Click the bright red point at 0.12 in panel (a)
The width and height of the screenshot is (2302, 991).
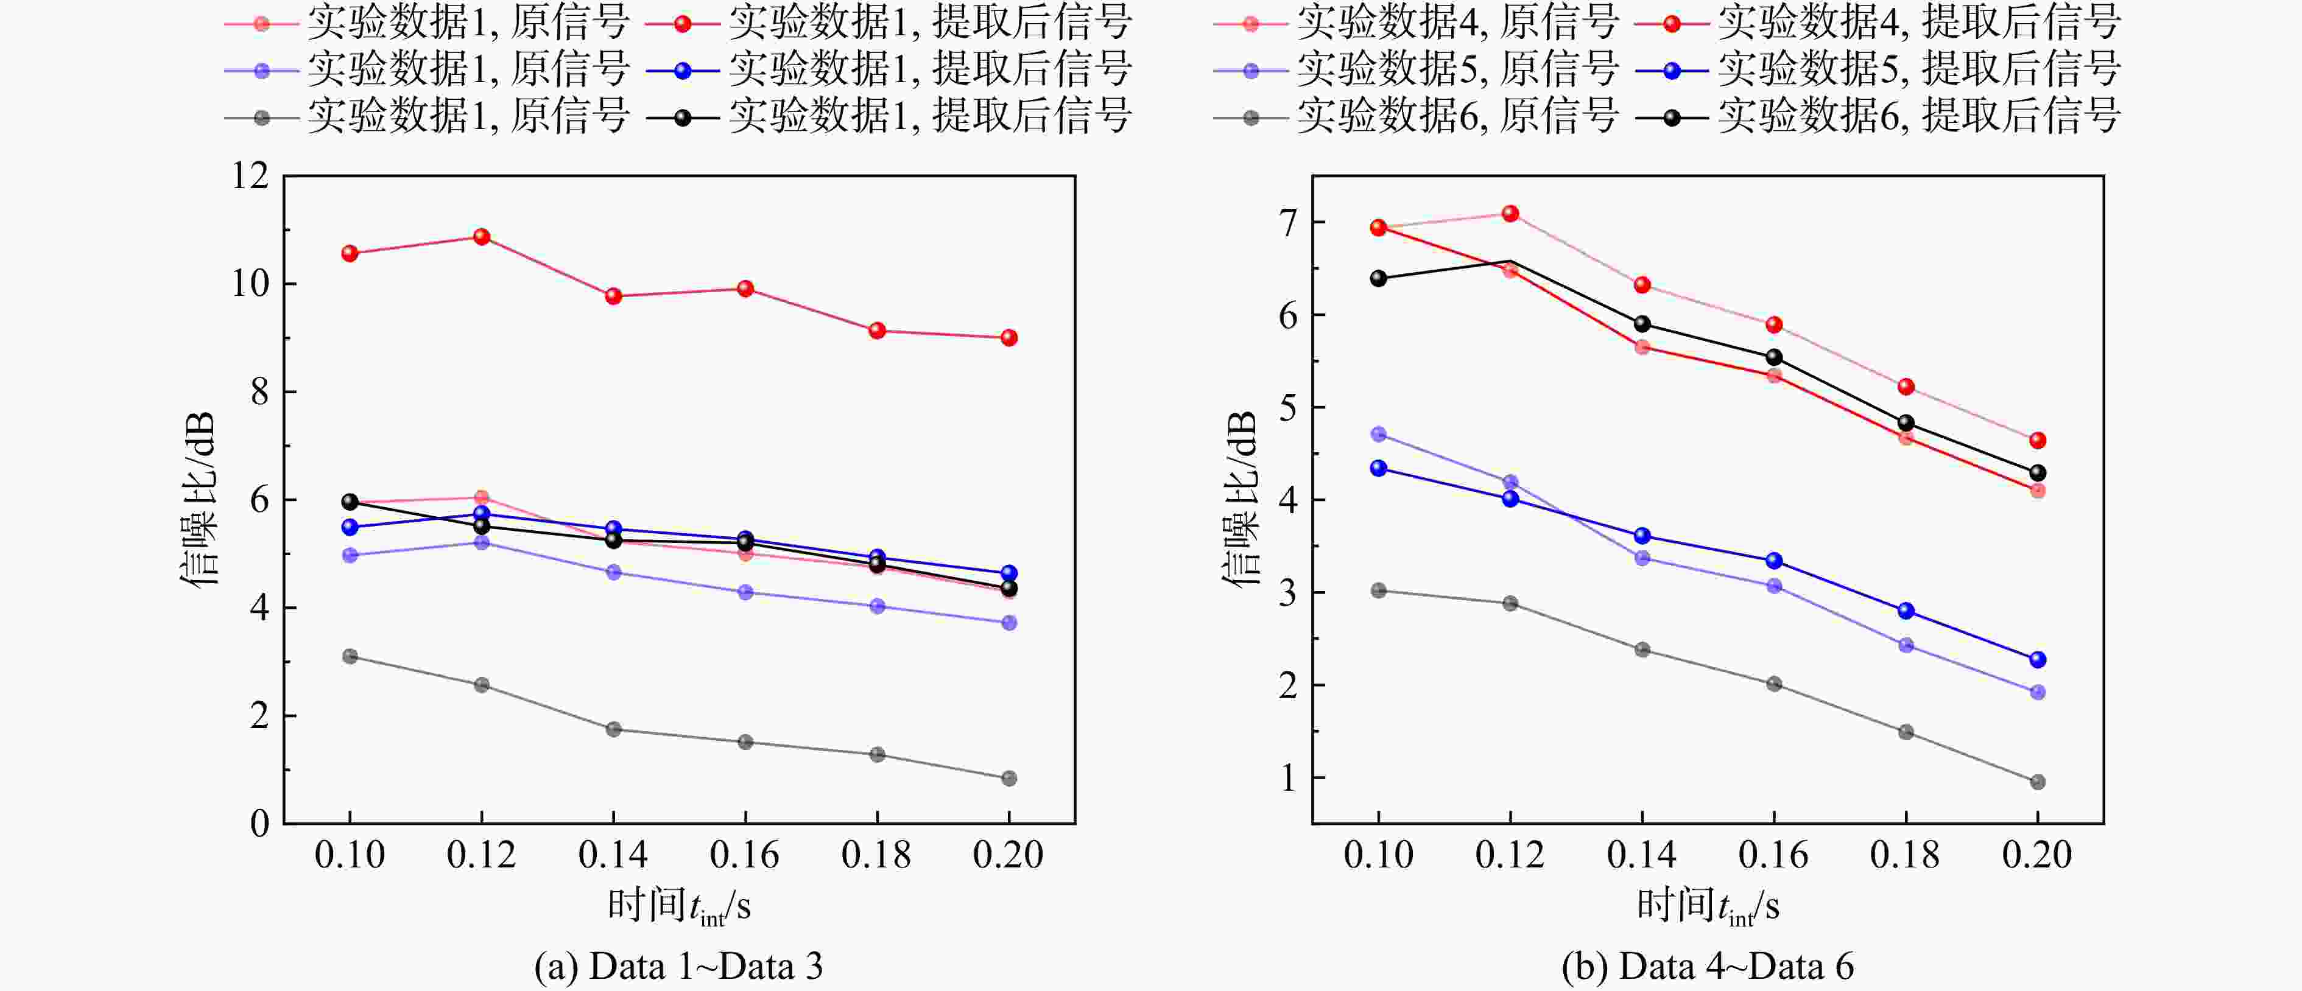pyautogui.click(x=482, y=237)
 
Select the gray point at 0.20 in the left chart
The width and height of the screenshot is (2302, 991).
pyautogui.click(x=1009, y=779)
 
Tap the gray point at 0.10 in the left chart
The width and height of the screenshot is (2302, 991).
pyautogui.click(x=350, y=657)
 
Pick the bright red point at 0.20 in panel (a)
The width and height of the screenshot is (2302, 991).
pyautogui.click(x=1009, y=338)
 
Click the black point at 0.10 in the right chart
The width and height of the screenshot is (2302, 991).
pyautogui.click(x=1379, y=279)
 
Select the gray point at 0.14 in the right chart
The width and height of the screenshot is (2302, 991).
pyautogui.click(x=1642, y=650)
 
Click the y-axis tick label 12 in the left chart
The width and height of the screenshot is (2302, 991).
pyautogui.click(x=250, y=175)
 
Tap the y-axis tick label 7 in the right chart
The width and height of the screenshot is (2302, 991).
pyautogui.click(x=1288, y=223)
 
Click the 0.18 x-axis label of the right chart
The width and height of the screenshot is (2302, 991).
pyautogui.click(x=1905, y=855)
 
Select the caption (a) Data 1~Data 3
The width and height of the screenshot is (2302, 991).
pyautogui.click(x=678, y=967)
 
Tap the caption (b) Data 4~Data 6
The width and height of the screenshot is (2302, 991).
pyautogui.click(x=1708, y=967)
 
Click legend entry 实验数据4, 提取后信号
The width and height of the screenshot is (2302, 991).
pyautogui.click(x=1878, y=23)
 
